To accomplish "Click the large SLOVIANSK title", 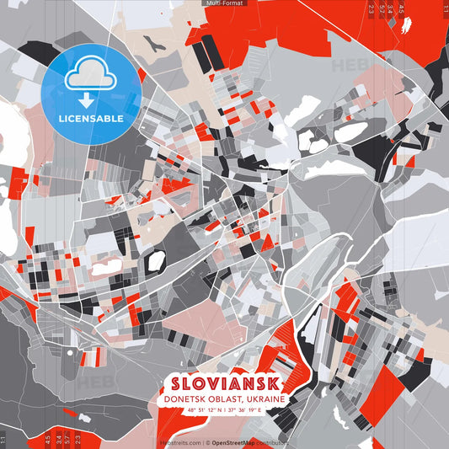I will point(224,383).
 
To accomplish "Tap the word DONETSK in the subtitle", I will point(186,399).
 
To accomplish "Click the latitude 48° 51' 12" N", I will point(203,410).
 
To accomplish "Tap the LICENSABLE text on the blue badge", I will point(91,119).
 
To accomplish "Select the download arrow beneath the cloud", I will point(90,100).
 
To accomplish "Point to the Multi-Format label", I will point(224,3).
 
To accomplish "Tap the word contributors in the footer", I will point(273,442).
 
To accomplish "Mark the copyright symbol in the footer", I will point(206,442).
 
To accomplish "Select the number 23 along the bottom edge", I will point(78,438).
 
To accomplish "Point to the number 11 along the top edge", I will point(444,9).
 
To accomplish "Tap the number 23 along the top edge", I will point(371,9).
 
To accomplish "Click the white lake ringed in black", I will point(155,262).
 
